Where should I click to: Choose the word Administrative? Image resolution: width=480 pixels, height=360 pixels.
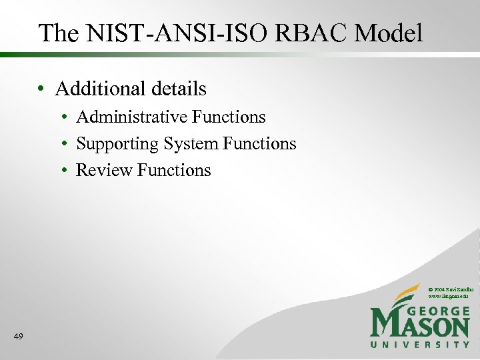pos(131,117)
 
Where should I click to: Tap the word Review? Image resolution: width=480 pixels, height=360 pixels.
pos(105,171)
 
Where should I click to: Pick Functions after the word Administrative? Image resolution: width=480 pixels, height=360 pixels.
pos(229,117)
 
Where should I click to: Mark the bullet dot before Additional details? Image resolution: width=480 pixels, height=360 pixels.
pos(41,89)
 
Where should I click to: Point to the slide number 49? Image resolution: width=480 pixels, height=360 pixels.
pos(18,337)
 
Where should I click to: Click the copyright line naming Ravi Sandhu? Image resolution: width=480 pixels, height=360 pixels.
pos(451,288)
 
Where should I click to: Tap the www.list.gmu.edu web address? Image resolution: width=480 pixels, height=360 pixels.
pos(447,295)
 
